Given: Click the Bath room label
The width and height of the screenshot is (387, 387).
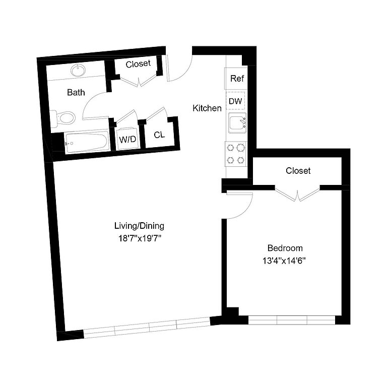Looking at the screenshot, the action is [x=76, y=92].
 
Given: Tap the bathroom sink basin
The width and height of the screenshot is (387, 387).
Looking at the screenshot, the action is [x=78, y=70].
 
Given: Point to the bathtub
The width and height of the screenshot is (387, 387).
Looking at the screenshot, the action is [x=87, y=142].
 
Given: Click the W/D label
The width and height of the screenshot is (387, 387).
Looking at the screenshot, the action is [x=127, y=140].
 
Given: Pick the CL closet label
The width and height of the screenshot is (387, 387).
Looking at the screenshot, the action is [x=159, y=135].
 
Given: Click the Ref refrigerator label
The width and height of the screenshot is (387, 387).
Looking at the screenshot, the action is [x=237, y=79].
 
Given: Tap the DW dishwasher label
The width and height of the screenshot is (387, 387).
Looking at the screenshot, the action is [x=235, y=101].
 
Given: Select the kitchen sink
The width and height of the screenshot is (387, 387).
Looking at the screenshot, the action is [x=237, y=122].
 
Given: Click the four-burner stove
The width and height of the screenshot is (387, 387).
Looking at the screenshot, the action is [x=235, y=154].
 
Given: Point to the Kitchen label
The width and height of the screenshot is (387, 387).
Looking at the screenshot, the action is [x=207, y=108].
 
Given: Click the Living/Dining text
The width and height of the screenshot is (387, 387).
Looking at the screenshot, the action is [x=139, y=226].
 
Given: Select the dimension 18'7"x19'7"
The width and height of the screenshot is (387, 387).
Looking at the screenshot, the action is [x=140, y=238].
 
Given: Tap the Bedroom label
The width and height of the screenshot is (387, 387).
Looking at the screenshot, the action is [x=285, y=248].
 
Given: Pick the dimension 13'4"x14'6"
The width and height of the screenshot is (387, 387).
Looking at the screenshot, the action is [x=284, y=261].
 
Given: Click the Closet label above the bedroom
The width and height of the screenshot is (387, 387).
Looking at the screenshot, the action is [x=298, y=170].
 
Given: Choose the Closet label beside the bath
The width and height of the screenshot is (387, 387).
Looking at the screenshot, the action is [x=138, y=64].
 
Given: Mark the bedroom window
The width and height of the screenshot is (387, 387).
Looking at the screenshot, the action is [x=291, y=320].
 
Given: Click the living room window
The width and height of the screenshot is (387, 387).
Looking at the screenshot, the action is [x=147, y=328].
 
